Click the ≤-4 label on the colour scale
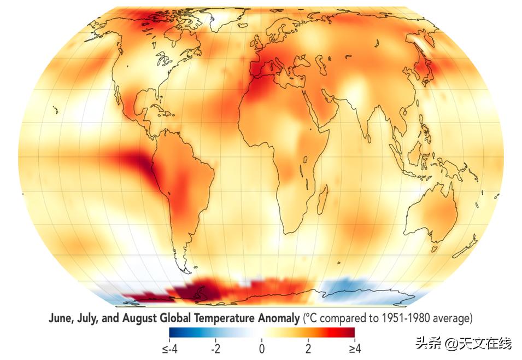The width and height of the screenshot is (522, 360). pos(169,348)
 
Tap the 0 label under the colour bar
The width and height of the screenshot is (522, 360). pos(262,348)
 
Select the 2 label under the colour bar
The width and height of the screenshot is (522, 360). pos(308,348)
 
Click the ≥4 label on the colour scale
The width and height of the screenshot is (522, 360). pos(354,348)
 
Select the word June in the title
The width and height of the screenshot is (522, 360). pos(60,317)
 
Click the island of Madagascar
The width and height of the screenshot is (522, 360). pos(322,196)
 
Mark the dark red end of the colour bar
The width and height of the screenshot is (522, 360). pos(350,332)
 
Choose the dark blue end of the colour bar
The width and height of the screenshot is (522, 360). pos(174,332)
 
